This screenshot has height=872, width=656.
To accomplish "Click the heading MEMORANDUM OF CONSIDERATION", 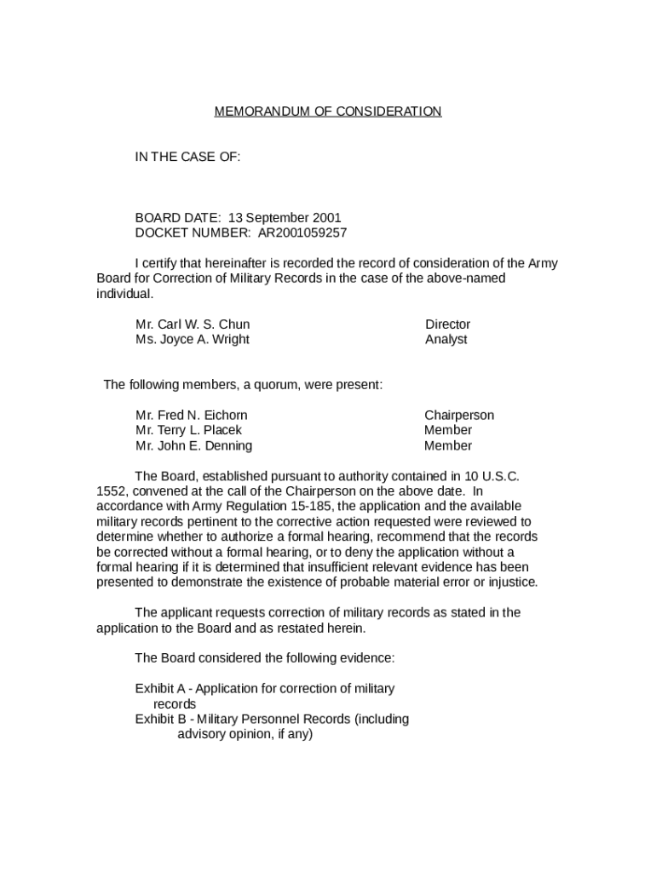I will [x=328, y=112].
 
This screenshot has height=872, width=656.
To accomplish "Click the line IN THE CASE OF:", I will [x=187, y=157].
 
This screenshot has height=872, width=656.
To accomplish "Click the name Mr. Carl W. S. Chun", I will [x=193, y=324].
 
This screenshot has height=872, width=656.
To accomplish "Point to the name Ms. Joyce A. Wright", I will [x=193, y=340].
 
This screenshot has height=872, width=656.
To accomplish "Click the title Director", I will [x=447, y=324].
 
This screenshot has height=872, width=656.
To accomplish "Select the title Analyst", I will [x=446, y=340].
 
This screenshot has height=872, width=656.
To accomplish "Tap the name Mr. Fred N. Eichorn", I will [x=192, y=416].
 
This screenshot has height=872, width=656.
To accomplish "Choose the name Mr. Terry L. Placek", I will [x=188, y=431].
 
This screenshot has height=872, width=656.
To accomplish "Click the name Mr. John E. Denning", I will [x=193, y=446].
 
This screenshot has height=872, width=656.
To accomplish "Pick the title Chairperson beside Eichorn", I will [x=459, y=416].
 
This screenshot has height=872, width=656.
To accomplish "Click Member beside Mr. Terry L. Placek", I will [x=448, y=431].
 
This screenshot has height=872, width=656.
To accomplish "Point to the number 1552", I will [x=112, y=491].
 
